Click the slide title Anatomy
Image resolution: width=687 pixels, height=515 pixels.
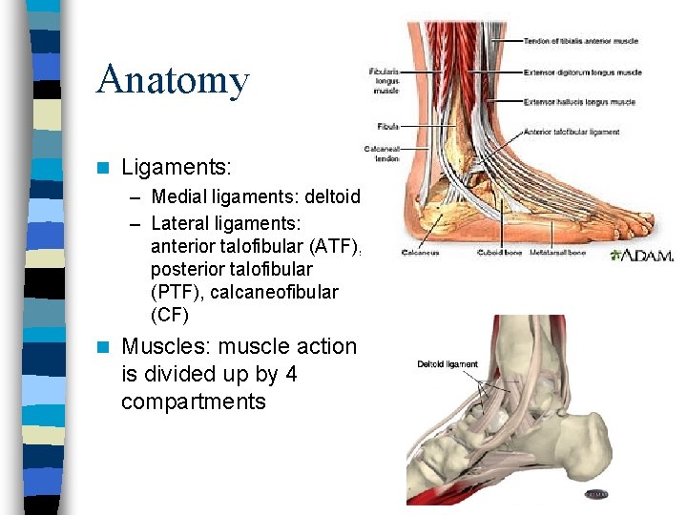[173, 80]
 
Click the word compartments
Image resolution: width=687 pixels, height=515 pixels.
[193, 402]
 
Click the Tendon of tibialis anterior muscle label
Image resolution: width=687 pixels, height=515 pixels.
[580, 41]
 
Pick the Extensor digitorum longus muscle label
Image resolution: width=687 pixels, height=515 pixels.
[582, 72]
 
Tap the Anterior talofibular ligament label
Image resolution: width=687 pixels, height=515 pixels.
[572, 132]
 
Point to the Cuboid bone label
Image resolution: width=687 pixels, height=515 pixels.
[501, 254]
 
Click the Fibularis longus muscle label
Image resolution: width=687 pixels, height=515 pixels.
[385, 81]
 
